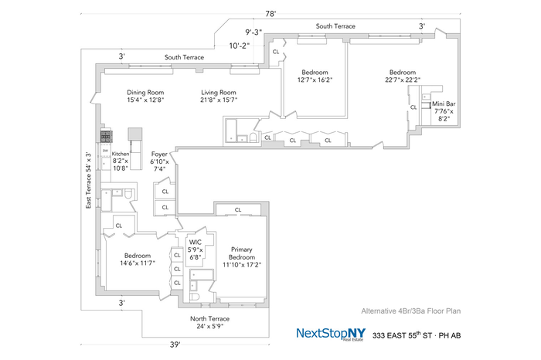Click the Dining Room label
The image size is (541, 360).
click(x=145, y=92)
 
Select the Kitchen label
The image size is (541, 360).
click(x=121, y=154)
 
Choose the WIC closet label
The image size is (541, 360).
click(x=195, y=242)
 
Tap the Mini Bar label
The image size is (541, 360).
click(x=444, y=104)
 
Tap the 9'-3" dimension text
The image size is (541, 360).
click(x=253, y=32)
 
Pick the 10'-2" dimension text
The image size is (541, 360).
click(x=240, y=45)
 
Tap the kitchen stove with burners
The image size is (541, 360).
click(x=105, y=136)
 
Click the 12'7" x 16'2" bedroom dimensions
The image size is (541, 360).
click(x=315, y=80)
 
